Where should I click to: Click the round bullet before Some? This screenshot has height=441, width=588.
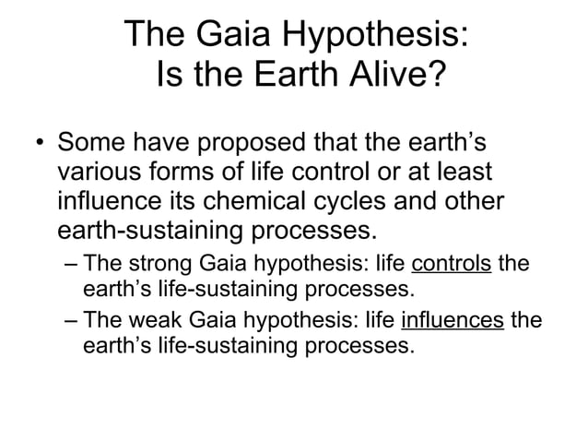pos(38,145)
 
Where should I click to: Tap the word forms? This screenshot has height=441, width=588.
pos(184,173)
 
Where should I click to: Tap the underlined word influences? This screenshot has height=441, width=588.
pos(453,321)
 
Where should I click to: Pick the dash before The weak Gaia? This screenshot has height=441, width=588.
pos(73,321)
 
